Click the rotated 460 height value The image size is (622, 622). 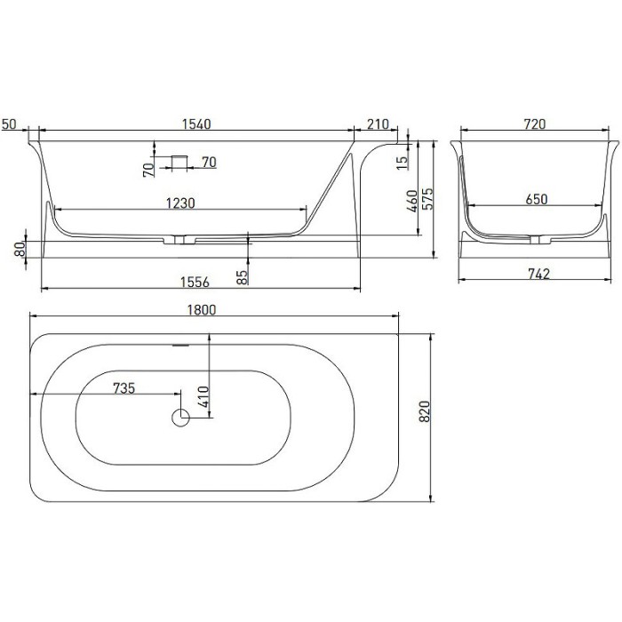coord(410,204)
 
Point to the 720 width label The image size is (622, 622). coord(533,124)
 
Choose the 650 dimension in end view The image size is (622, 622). coord(535,200)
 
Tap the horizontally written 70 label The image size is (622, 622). coord(209,162)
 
